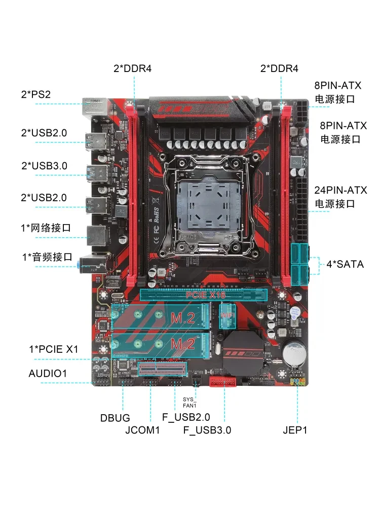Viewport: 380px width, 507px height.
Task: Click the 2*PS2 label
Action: point(36,94)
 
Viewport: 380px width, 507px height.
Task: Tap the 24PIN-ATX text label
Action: point(340,190)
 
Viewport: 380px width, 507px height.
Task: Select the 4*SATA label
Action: point(345,264)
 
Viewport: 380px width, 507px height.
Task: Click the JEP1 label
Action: point(295,430)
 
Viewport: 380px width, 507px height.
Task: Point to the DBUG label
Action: point(115,418)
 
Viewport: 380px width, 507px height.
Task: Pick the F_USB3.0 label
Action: point(207,430)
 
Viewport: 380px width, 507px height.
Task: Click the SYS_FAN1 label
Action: point(189,403)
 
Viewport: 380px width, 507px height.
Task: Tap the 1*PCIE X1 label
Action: point(54,349)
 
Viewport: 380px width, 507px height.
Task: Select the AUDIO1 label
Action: point(48,374)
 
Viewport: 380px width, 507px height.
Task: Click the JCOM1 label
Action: point(142,430)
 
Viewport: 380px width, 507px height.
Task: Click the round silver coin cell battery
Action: point(294,353)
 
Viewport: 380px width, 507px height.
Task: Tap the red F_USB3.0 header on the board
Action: point(222,382)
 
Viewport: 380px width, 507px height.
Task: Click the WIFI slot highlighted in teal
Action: point(227,316)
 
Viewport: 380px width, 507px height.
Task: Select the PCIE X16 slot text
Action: point(206,295)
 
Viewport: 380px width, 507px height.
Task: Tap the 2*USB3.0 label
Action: point(44,166)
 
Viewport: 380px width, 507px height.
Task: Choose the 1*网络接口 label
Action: point(46,228)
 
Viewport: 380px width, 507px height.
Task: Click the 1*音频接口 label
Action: point(47,258)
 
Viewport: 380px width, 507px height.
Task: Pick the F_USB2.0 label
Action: point(186,417)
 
